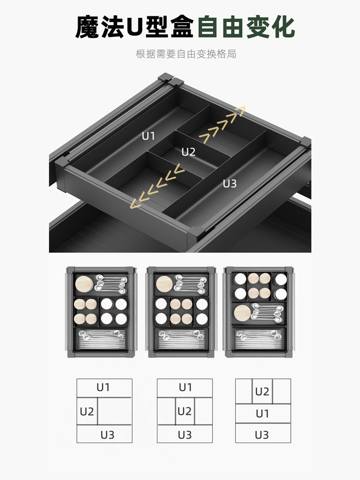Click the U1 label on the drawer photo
tap(148, 136)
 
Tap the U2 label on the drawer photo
tap(188, 152)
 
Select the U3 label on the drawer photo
tap(229, 184)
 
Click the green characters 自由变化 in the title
tap(246, 27)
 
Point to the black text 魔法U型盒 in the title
tap(135, 27)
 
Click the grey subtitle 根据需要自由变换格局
tap(186, 54)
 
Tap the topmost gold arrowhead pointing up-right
tap(239, 111)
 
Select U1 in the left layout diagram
tap(103, 387)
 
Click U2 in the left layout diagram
tap(86, 412)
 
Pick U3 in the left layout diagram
tap(108, 435)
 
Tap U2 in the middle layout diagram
tap(185, 411)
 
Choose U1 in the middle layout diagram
tap(185, 387)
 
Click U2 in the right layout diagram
tap(262, 392)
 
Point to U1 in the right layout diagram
tap(263, 414)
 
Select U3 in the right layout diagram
tap(262, 435)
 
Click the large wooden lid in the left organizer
tap(84, 284)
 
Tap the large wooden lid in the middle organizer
tap(165, 284)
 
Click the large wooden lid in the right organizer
tap(242, 313)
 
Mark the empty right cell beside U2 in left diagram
tap(115, 411)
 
